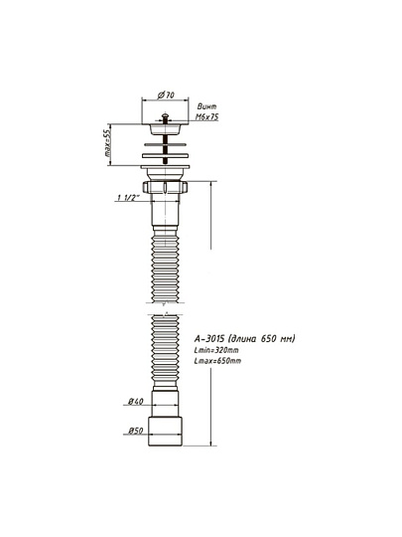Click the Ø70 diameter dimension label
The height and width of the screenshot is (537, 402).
pyautogui.click(x=166, y=94)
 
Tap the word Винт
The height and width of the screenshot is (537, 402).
pyautogui.click(x=206, y=106)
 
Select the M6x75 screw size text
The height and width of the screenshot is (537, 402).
pyautogui.click(x=206, y=117)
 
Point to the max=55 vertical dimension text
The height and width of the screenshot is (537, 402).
pyautogui.click(x=107, y=144)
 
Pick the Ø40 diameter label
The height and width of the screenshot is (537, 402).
pyautogui.click(x=136, y=401)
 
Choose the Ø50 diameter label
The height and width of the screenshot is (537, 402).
pyautogui.click(x=136, y=431)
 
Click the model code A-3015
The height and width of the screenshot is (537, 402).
pyautogui.click(x=209, y=339)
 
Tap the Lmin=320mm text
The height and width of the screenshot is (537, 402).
pyautogui.click(x=216, y=350)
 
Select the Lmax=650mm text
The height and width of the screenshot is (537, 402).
pyautogui.click(x=217, y=361)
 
